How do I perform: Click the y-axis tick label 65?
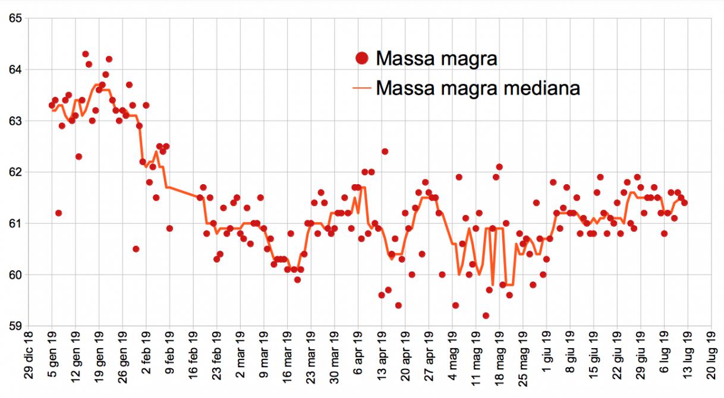tap(14, 18)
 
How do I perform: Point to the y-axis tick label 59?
tap(14, 326)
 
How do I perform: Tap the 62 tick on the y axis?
tap(14, 172)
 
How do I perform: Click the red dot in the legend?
tap(361, 58)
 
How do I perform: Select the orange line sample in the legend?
tap(361, 89)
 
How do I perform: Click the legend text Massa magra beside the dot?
tap(436, 58)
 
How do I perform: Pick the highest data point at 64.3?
tap(86, 54)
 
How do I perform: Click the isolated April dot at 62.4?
tap(385, 151)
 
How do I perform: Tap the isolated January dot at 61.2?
tap(58, 213)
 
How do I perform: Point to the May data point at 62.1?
tap(499, 167)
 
